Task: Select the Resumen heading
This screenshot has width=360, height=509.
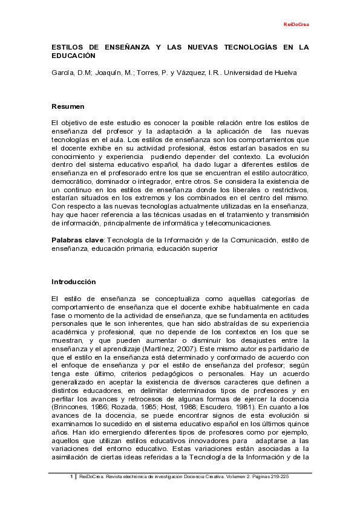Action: point(68,106)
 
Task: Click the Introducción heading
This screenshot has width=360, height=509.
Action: point(74,282)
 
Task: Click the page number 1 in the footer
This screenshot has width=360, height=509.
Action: point(71,477)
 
